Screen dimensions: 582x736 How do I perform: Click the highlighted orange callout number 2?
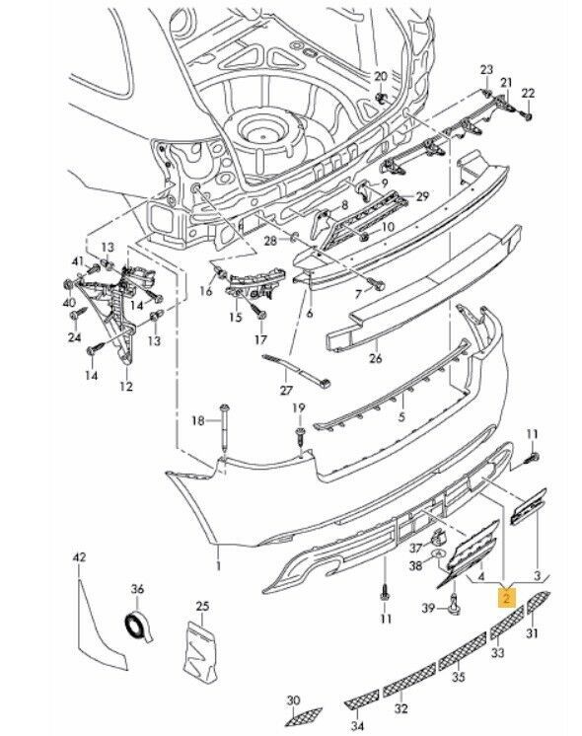(506, 598)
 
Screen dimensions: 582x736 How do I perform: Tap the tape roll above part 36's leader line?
(137, 626)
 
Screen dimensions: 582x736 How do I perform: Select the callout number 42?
(79, 557)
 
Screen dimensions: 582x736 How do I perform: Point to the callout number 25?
(202, 607)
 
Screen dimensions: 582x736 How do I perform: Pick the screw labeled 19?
(301, 438)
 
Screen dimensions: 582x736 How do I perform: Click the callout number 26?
(376, 358)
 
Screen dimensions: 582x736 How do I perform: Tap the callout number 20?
(381, 76)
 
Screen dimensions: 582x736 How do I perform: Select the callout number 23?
(486, 69)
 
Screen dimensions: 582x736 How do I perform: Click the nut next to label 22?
(528, 115)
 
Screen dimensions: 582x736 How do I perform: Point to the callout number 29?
(422, 195)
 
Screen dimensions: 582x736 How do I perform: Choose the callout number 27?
(286, 390)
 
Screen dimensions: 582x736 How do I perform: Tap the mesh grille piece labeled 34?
(362, 699)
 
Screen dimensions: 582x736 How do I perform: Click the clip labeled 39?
(456, 604)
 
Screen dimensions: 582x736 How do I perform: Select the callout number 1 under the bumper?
(218, 566)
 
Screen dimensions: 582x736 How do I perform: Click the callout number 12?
(126, 387)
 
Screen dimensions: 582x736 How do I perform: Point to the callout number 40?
(69, 301)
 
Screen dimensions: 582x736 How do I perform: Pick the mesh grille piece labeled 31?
(539, 602)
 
